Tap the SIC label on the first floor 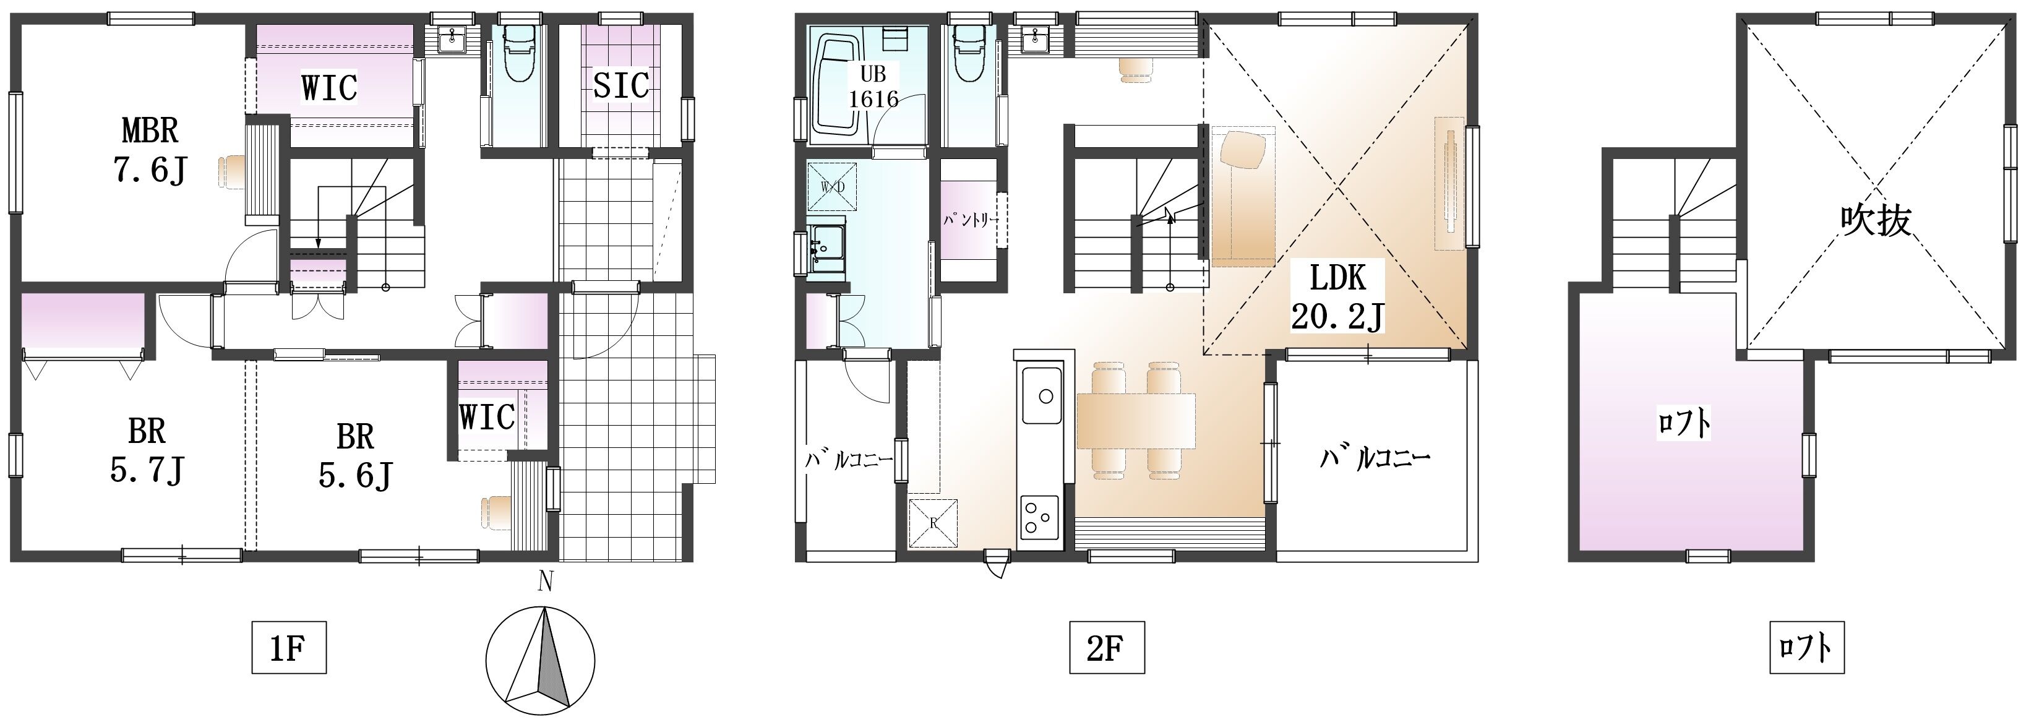click(620, 85)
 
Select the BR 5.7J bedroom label click(147, 451)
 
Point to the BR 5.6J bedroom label click(356, 456)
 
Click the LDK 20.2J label click(1337, 296)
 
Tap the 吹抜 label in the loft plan click(1875, 220)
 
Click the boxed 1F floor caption click(289, 647)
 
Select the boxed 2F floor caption click(1106, 647)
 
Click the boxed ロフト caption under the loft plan click(1806, 647)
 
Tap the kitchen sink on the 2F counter click(1042, 395)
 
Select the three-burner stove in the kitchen click(1039, 517)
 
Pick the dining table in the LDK click(1135, 421)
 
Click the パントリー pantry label click(971, 220)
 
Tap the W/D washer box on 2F click(831, 187)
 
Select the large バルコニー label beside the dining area click(1375, 458)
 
